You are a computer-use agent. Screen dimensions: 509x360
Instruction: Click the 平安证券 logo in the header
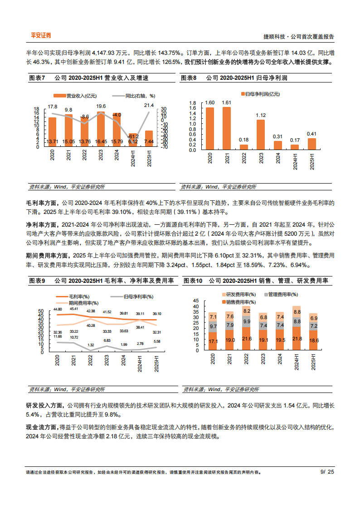pos(41,35)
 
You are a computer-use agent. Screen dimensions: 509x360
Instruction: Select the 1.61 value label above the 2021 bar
pos(226,102)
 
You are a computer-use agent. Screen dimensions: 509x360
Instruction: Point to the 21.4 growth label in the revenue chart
pos(149,105)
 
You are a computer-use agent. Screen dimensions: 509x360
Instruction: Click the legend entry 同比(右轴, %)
pos(134,96)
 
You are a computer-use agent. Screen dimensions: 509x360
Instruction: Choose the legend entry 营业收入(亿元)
pos(75,96)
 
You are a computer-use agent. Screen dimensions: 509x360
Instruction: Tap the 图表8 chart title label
pos(189,78)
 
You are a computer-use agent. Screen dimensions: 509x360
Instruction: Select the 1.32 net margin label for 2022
pos(90,345)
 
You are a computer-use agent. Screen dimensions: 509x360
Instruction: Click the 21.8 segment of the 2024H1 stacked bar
pos(297,339)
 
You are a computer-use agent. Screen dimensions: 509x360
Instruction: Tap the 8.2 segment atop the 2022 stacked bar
pos(247,311)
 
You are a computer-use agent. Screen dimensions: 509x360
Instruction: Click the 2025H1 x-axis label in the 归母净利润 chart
pos(311,161)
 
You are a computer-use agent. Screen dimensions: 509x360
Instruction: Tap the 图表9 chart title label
pos(37,281)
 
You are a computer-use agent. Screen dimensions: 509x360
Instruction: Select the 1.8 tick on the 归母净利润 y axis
pos(192,103)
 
